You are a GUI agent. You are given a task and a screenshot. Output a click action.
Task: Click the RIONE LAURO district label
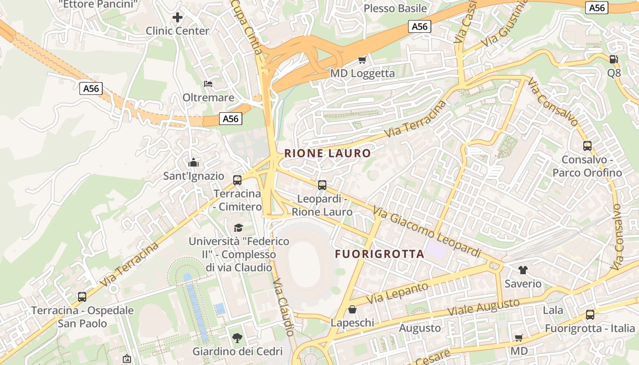(327, 153)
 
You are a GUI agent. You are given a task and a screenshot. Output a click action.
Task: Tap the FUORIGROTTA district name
(380, 254)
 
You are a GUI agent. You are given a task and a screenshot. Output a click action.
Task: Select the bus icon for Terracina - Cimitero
(237, 180)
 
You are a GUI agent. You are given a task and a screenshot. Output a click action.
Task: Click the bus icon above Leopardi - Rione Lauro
(322, 185)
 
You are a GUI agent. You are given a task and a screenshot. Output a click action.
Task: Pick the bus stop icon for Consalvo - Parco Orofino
(587, 146)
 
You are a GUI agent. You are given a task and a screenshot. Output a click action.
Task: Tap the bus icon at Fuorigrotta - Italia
(590, 314)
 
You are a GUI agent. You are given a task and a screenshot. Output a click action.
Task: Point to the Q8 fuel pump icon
(614, 59)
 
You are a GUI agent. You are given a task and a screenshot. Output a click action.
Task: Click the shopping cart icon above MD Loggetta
(362, 60)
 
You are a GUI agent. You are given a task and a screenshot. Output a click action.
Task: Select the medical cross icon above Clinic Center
(177, 17)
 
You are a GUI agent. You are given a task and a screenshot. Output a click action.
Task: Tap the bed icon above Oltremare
(208, 83)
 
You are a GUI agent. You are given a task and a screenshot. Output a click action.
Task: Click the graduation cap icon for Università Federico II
(238, 227)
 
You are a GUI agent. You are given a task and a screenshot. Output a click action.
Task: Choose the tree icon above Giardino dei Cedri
(237, 338)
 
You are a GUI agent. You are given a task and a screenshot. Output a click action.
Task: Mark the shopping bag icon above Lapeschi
(352, 309)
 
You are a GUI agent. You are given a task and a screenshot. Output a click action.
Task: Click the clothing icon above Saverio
(523, 270)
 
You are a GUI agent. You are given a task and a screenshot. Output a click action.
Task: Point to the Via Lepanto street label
(398, 293)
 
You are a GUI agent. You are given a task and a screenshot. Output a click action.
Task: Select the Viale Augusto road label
(483, 307)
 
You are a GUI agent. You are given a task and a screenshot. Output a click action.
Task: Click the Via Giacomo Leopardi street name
(427, 232)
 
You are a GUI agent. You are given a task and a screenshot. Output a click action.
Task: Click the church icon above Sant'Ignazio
(194, 162)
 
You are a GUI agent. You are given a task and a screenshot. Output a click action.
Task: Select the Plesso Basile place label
(395, 8)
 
